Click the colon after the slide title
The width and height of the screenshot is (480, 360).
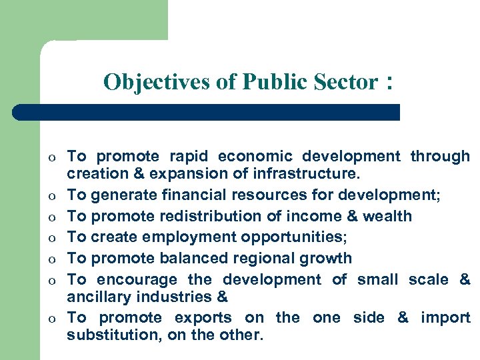click(387, 83)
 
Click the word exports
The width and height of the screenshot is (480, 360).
click(203, 317)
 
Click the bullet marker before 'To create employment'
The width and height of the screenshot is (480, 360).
click(50, 238)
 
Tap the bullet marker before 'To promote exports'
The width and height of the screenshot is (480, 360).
click(50, 319)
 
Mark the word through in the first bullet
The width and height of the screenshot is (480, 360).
click(440, 157)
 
